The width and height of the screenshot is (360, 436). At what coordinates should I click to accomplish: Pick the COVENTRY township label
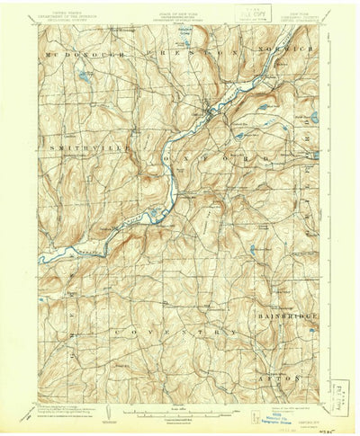[x=175, y=332]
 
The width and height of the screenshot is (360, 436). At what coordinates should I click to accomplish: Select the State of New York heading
[x=179, y=13]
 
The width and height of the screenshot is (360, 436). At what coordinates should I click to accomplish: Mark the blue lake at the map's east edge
[x=314, y=117]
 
